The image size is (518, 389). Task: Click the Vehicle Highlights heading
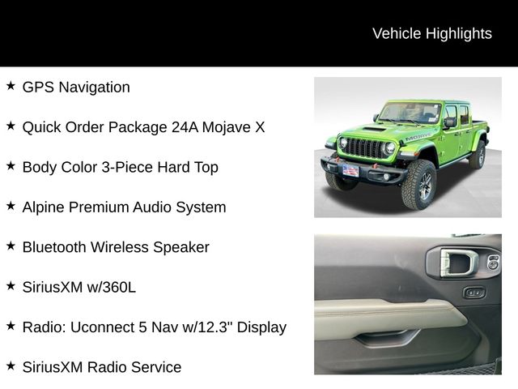(x=431, y=33)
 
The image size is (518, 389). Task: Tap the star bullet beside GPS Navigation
(x=11, y=85)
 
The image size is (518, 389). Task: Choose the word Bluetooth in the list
(x=56, y=247)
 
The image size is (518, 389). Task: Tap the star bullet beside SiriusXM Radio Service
(x=11, y=365)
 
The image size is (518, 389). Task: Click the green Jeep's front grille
(x=364, y=148)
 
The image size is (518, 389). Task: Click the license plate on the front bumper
(x=350, y=170)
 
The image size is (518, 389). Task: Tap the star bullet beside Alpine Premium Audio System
(x=11, y=205)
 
